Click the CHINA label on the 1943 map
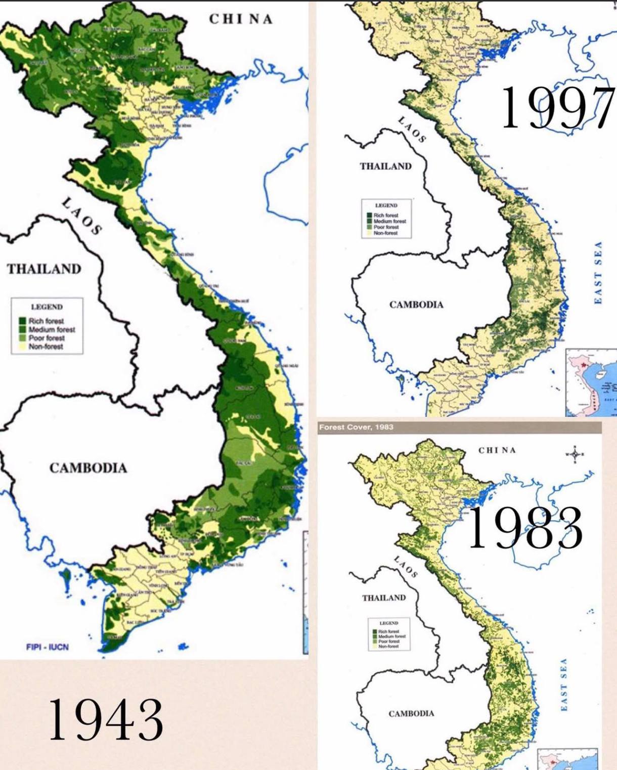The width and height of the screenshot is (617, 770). coord(241,19)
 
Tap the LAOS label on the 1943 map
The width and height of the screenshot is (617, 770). coord(82,217)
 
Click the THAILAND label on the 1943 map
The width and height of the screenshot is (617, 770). coord(44,269)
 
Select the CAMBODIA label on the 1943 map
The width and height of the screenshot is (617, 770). coord(88,467)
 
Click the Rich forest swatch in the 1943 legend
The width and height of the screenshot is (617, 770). coord(22,321)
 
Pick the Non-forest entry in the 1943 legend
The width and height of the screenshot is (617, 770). coord(46,347)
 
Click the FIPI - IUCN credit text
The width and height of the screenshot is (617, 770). coord(47,647)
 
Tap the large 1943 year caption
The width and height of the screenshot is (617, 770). coord(106,719)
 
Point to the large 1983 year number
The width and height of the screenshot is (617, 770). coord(525,528)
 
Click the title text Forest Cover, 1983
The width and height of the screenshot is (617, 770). coord(356,427)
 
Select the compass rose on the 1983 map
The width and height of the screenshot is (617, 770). coord(575,454)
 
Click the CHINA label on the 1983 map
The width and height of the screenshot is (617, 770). coord(497,450)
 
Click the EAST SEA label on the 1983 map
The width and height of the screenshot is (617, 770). coord(563,684)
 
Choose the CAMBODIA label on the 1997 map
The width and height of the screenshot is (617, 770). coord(416,305)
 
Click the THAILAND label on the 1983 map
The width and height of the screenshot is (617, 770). coord(384,597)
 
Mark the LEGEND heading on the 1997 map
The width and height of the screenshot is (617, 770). coord(386,205)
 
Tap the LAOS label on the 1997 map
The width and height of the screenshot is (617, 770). coord(412,129)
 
